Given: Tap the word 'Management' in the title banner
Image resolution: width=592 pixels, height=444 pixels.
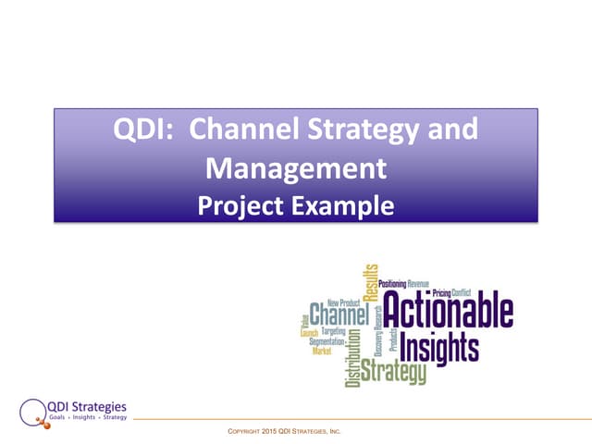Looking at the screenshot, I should [295, 168].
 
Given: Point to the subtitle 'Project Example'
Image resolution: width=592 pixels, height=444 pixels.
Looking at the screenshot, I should [295, 204].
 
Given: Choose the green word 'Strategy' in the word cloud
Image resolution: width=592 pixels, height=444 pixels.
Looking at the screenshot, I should [393, 373].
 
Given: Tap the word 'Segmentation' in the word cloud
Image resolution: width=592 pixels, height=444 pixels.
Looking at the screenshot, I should [327, 341].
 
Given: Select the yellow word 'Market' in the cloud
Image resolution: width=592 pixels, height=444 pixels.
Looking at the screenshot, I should [321, 351].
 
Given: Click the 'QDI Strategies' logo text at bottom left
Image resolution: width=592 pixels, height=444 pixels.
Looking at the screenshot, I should [88, 406].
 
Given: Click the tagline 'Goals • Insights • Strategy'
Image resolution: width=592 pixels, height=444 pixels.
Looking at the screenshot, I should [89, 418].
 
